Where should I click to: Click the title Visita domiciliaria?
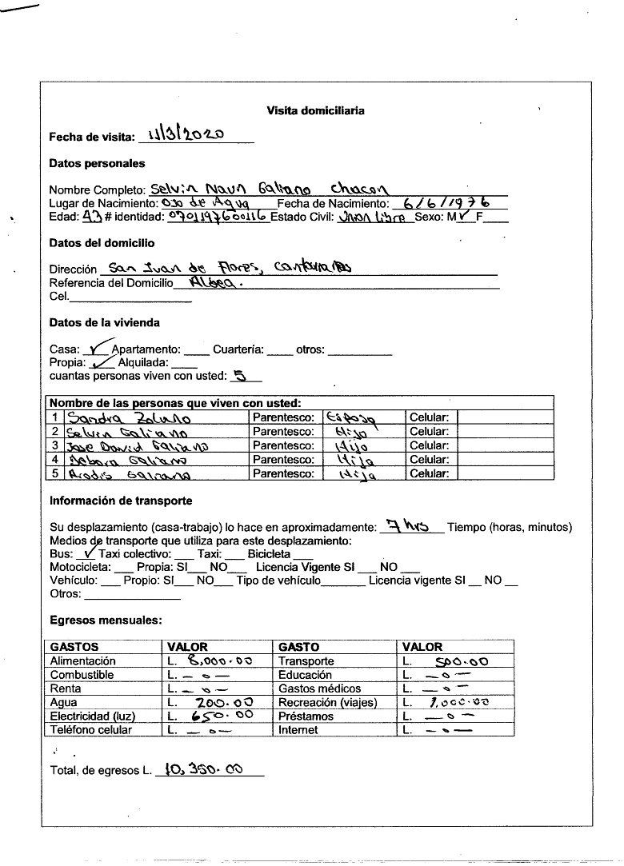(315, 111)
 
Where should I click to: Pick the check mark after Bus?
(89, 552)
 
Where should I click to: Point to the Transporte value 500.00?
(456, 661)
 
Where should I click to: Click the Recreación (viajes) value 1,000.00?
(458, 702)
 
